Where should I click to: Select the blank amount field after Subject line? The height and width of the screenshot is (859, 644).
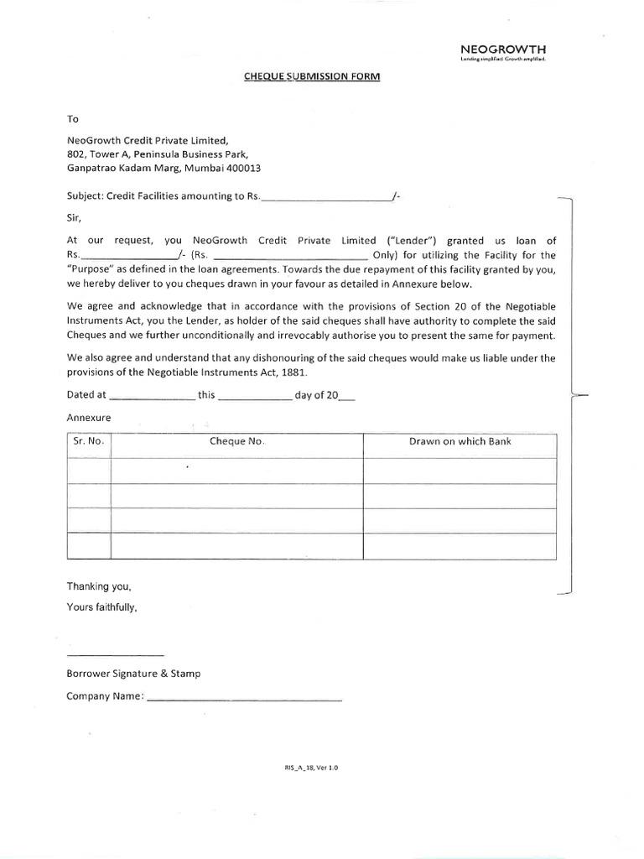(327, 198)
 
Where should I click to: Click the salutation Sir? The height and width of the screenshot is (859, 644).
(74, 216)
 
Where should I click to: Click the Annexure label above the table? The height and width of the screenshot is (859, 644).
(88, 418)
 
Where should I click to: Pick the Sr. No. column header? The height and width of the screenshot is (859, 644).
(88, 442)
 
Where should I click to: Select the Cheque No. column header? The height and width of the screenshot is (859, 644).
(237, 442)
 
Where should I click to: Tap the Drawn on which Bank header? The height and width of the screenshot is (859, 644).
(460, 442)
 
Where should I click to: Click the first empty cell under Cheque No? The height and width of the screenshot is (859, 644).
(237, 471)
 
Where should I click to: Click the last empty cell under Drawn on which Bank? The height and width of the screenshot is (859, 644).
(460, 546)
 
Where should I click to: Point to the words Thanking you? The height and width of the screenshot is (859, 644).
(99, 586)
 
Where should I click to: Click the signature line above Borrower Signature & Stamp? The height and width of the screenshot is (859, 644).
(115, 653)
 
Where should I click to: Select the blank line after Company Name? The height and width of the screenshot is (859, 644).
(244, 697)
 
